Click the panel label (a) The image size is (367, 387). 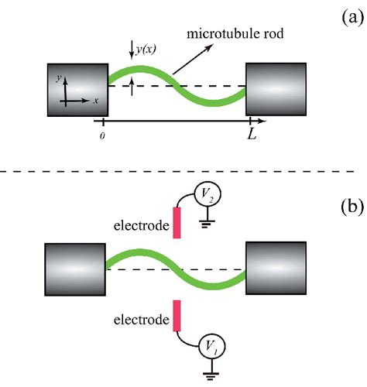coord(352,19)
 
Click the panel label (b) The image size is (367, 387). coord(352,207)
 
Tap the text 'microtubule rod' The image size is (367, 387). coord(235,34)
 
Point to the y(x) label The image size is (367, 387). coord(146,49)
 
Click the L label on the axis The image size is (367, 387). coord(252,134)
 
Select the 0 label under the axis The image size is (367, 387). coord(102,136)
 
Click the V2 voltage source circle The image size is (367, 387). coord(208,195)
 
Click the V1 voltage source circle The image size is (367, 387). coord(212,346)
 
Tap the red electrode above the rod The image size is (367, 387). coord(177,223)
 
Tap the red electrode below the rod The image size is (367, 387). coord(177,316)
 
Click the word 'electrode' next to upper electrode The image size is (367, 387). coord(142,225)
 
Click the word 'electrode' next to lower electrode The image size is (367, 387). coord(142,320)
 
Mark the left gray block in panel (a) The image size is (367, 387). coord(77,90)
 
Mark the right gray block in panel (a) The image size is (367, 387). coord(276,89)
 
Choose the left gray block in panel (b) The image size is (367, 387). coord(75,269)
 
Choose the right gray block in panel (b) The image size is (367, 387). coord(276,268)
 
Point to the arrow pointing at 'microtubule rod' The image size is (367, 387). coord(193,60)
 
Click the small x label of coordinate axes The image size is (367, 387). coord(96,101)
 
